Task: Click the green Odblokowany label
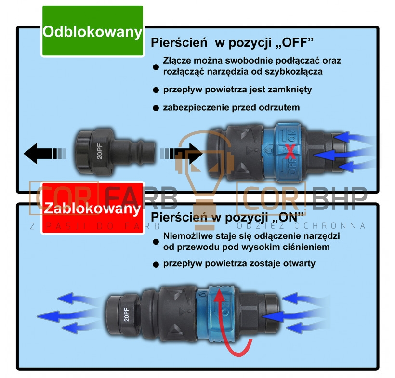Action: point(92,31)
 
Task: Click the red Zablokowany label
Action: point(92,208)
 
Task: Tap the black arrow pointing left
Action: point(45,153)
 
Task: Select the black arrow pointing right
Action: point(182,153)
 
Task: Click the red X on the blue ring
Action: point(290,152)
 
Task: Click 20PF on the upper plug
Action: point(100,151)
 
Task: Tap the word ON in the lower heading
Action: point(289,217)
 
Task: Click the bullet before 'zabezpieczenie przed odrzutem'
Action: point(156,108)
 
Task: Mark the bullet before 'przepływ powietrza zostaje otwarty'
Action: point(156,264)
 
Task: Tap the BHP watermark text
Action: point(339,198)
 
